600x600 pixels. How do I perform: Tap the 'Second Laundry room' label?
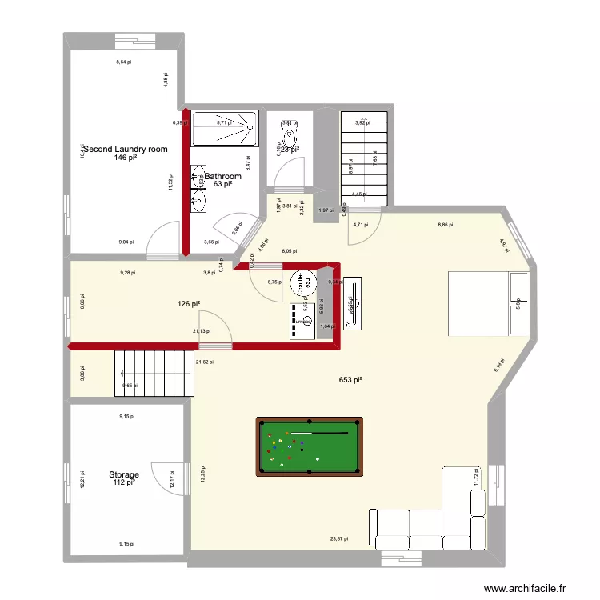[x=126, y=149]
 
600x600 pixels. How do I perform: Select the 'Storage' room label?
[x=124, y=474]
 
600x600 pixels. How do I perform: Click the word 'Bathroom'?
[x=223, y=176]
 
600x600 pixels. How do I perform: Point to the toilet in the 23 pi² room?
[x=288, y=131]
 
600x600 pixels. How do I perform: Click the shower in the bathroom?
[x=226, y=128]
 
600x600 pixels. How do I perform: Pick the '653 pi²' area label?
[x=350, y=380]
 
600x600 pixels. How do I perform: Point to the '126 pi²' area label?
[x=189, y=303]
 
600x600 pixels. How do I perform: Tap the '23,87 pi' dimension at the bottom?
[x=340, y=539]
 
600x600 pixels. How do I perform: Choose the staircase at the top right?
[x=363, y=158]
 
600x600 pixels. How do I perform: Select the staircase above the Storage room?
[x=155, y=373]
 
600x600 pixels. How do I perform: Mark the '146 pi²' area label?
[x=126, y=158]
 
